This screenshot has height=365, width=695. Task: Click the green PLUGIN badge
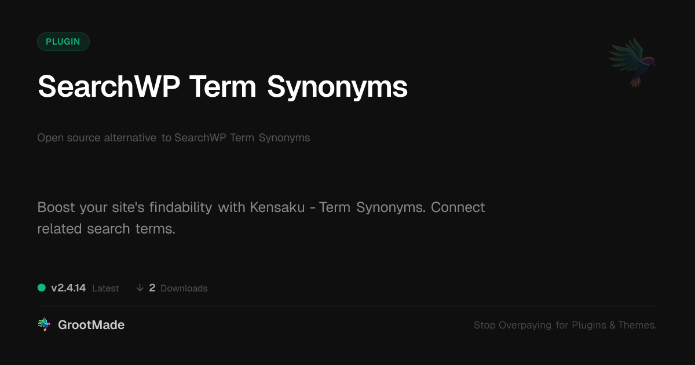(63, 42)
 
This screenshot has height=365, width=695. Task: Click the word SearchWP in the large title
(109, 86)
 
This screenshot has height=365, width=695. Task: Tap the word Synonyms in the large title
(337, 88)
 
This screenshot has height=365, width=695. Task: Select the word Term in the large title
(223, 86)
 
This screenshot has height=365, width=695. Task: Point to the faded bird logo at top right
(632, 63)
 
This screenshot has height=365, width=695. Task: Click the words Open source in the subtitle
(68, 138)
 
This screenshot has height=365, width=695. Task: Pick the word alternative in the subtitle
(130, 137)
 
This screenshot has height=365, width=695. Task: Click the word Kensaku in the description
(277, 207)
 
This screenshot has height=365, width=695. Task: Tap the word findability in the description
(181, 207)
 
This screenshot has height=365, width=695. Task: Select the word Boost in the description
(56, 207)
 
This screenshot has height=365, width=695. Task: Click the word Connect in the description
(458, 207)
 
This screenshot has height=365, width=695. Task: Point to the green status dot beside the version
(42, 288)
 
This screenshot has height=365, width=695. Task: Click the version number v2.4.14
(68, 288)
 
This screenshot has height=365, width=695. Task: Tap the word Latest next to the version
(105, 289)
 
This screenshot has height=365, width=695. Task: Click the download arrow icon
(140, 288)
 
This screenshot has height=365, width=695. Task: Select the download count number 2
(152, 288)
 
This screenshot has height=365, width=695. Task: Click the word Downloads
(184, 289)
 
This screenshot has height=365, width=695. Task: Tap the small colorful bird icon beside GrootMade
(44, 324)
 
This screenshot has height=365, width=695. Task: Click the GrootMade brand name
(92, 325)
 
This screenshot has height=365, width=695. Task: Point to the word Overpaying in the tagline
(525, 325)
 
